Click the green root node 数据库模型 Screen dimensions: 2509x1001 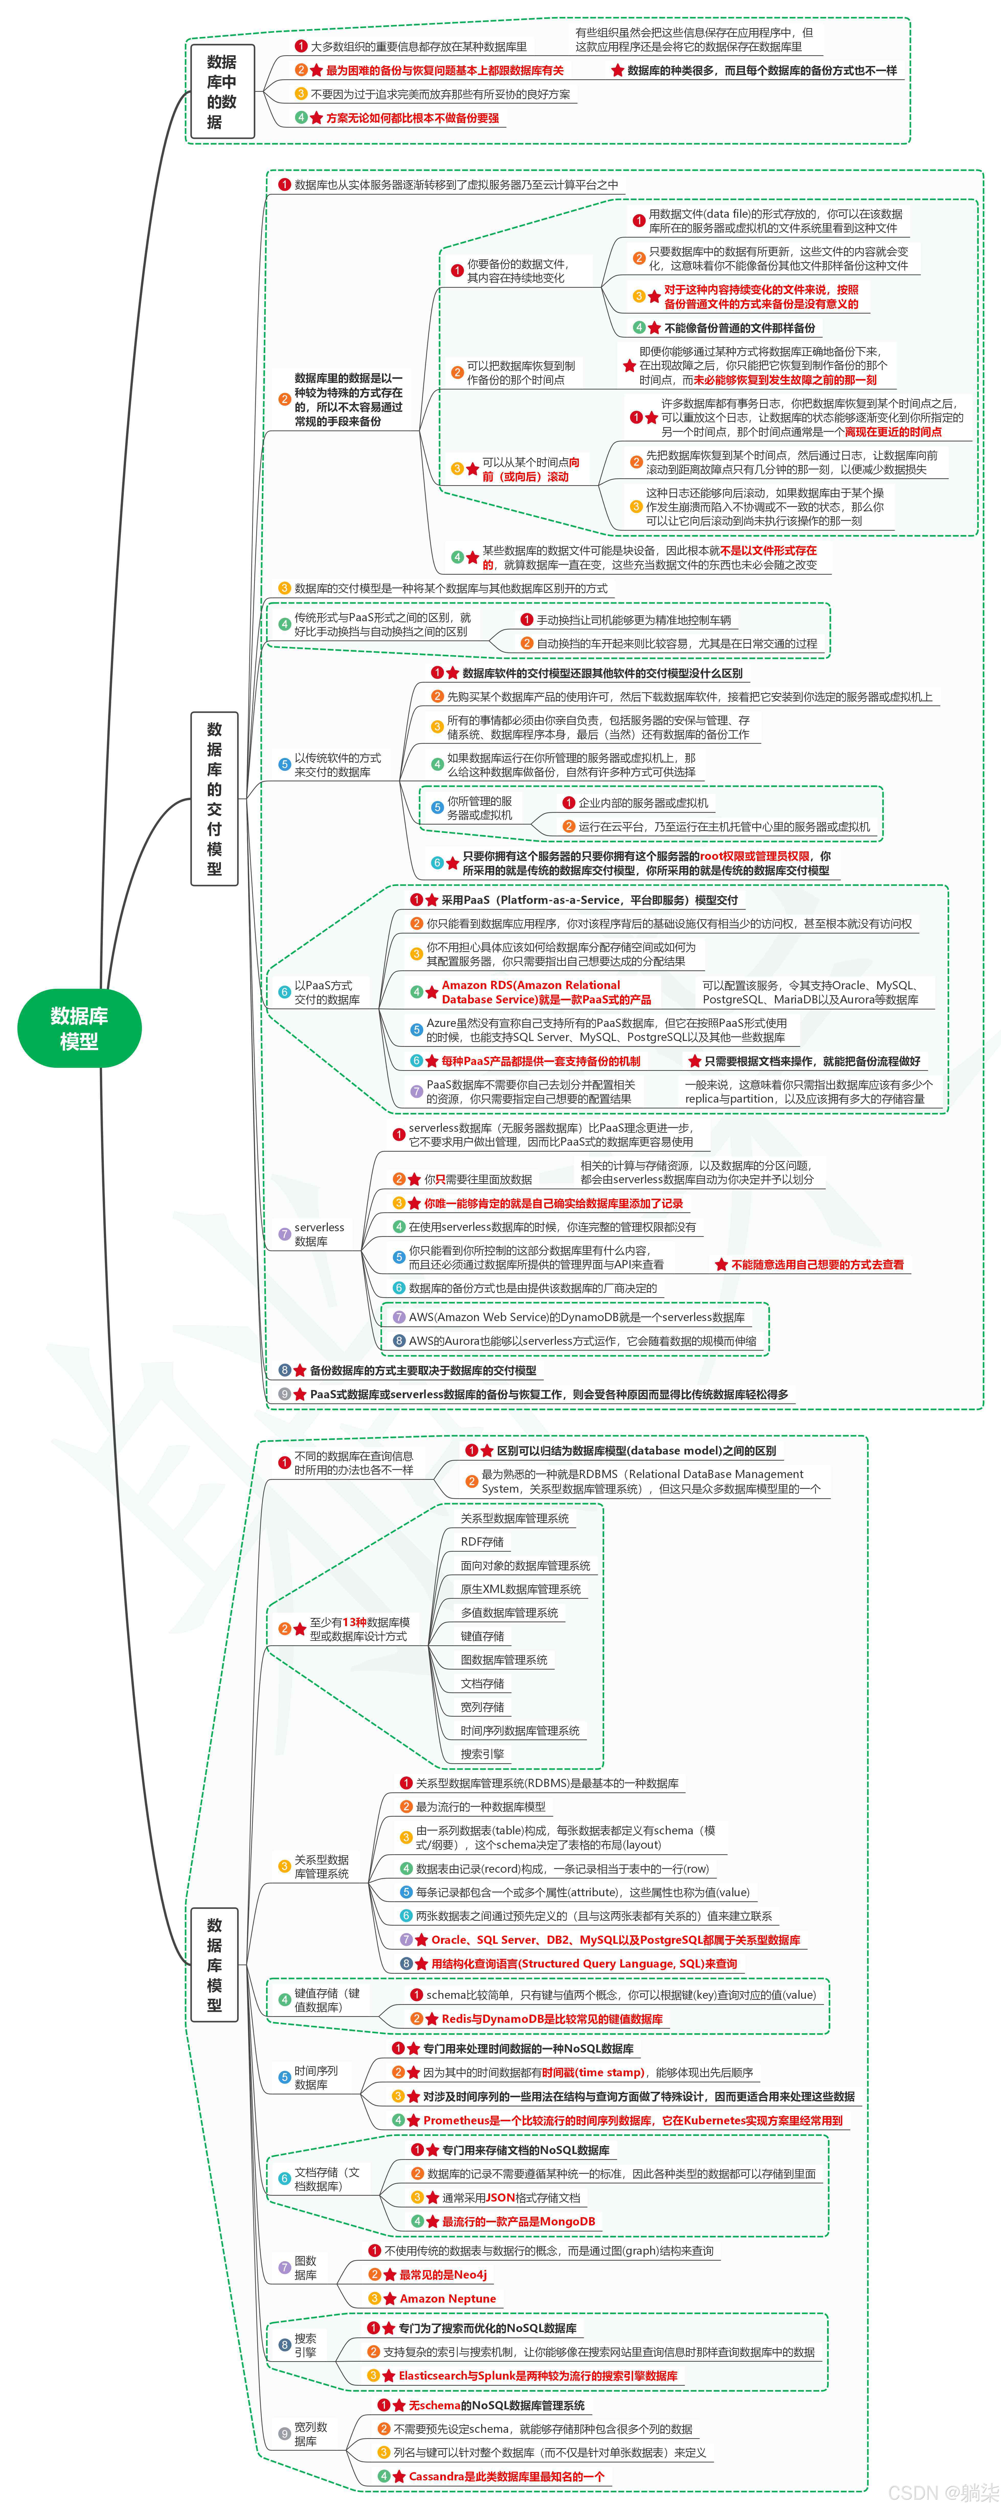pyautogui.click(x=79, y=1028)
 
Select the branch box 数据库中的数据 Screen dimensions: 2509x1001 pyautogui.click(x=222, y=92)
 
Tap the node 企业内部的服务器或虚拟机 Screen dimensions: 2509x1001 pyautogui.click(x=643, y=803)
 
